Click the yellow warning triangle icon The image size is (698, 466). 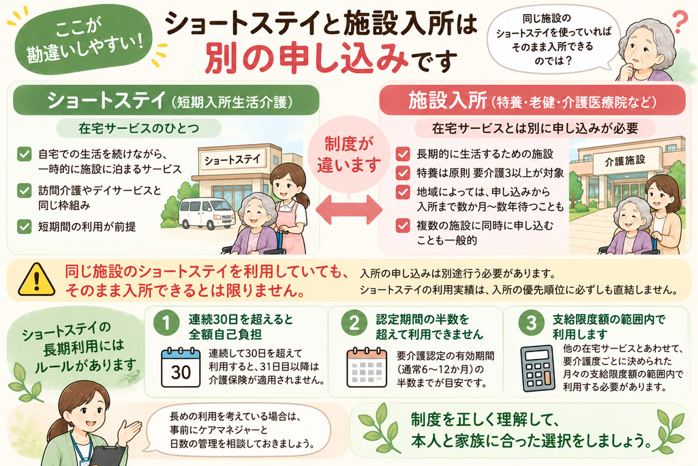click(37, 280)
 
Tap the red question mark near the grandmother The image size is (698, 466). click(680, 23)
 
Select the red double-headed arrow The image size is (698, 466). click(349, 209)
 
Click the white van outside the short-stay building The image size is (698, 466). click(207, 214)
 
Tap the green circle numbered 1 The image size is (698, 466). click(166, 323)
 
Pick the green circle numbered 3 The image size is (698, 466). click(532, 323)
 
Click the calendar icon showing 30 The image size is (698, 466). click(180, 368)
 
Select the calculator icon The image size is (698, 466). click(538, 368)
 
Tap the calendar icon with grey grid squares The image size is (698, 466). click(367, 368)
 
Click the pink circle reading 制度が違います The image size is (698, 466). click(348, 155)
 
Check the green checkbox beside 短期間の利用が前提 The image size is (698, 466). click(24, 227)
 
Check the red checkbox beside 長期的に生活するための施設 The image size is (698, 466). click(403, 154)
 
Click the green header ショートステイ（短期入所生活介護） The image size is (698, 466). click(166, 101)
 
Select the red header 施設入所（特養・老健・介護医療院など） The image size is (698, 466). click(532, 101)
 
